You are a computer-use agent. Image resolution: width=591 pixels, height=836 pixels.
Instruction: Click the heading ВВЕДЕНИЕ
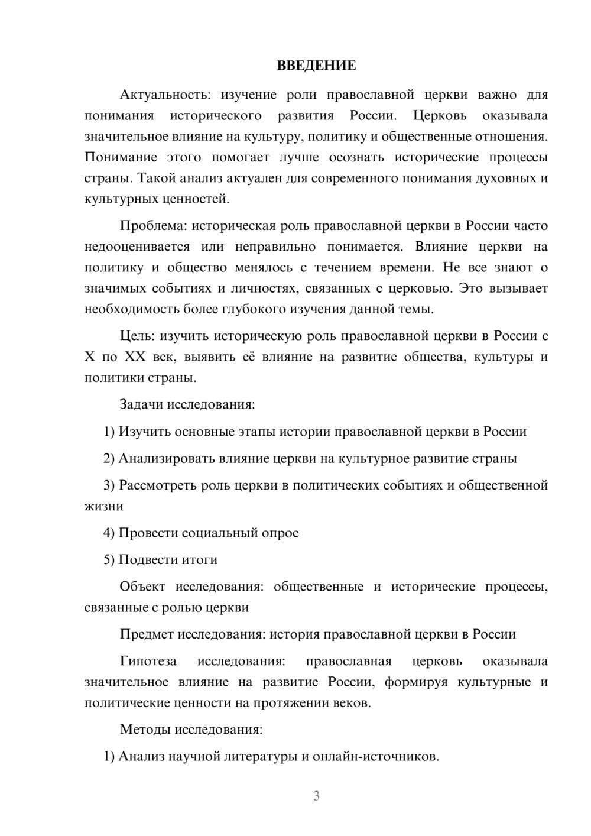point(316,66)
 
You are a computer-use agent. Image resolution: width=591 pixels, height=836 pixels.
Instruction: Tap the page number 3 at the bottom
point(316,796)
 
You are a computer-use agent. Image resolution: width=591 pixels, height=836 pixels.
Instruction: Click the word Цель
point(137,336)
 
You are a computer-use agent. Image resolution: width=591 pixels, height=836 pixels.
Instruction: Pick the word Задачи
point(142,405)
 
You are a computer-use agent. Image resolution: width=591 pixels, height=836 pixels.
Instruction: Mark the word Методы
point(145,729)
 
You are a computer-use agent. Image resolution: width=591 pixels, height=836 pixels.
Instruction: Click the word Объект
point(142,587)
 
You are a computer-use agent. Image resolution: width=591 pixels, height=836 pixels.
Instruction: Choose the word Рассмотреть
point(158,485)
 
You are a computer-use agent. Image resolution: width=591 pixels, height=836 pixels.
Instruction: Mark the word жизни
point(104,507)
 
